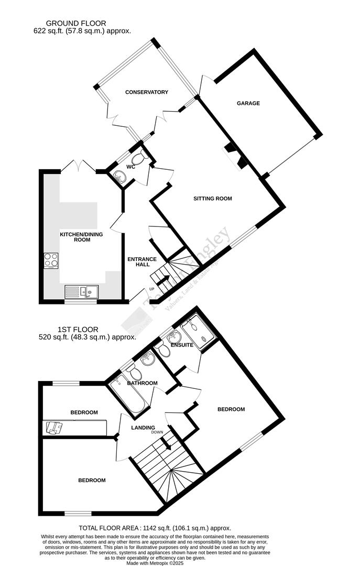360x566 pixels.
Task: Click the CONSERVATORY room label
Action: point(147,92)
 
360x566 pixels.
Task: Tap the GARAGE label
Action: point(248,103)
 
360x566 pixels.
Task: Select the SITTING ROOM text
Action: point(212,199)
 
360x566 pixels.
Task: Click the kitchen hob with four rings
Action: point(51,260)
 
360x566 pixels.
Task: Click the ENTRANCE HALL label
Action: point(142,262)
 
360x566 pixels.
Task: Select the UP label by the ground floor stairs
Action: point(152,289)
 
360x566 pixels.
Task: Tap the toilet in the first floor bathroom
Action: point(134,373)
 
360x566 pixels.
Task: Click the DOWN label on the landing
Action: point(157,432)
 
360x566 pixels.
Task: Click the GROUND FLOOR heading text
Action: point(76,23)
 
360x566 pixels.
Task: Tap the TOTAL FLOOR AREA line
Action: point(155,528)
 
